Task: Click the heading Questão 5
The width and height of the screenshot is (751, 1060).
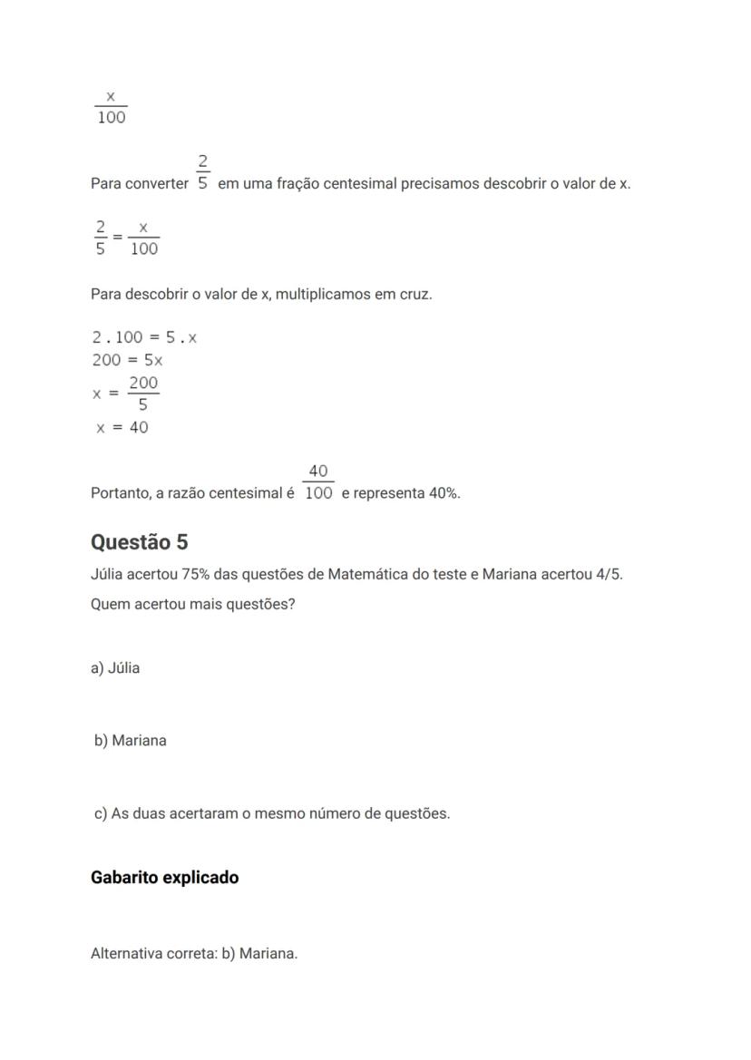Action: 140,542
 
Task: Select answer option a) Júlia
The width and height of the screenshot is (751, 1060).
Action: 115,668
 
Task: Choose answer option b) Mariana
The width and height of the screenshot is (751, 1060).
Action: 131,741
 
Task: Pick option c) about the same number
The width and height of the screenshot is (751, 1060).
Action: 272,813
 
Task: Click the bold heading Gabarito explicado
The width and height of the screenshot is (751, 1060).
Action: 165,878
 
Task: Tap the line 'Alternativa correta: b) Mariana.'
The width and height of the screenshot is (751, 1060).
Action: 194,953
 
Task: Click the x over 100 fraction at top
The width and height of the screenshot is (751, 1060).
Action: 111,107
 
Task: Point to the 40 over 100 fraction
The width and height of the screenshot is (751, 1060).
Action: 318,482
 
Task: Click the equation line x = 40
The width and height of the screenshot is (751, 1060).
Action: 122,428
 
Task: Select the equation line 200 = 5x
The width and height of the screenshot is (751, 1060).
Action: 127,360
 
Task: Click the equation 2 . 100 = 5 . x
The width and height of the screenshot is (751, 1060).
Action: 144,337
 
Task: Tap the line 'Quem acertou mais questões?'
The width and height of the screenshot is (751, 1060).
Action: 193,604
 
